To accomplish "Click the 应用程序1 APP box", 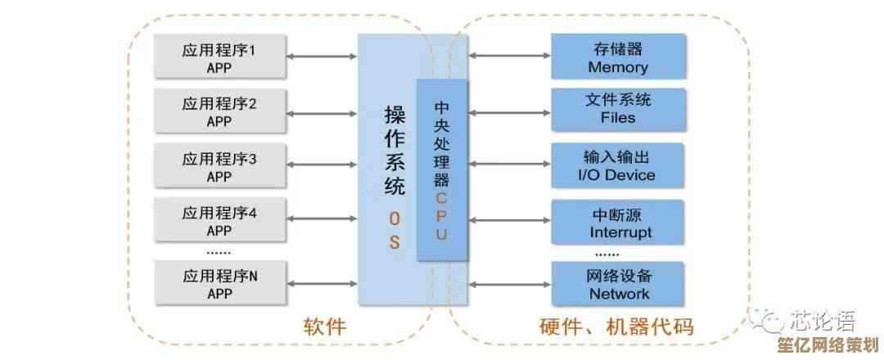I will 219,58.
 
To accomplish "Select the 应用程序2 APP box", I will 219,112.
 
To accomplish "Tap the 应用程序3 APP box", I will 219,167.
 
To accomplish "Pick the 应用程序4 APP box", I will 219,221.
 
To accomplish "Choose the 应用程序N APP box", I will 219,283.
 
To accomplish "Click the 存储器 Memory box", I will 618,57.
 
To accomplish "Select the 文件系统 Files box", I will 618,108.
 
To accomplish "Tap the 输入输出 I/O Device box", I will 618,165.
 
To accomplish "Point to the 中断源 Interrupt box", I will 618,223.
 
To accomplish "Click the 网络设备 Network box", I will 618,283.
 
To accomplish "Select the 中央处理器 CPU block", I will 442,170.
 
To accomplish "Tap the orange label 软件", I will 325,327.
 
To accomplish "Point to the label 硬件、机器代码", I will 617,328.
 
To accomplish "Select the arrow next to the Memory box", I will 509,56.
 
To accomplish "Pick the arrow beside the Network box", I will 509,284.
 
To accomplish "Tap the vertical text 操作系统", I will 395,151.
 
